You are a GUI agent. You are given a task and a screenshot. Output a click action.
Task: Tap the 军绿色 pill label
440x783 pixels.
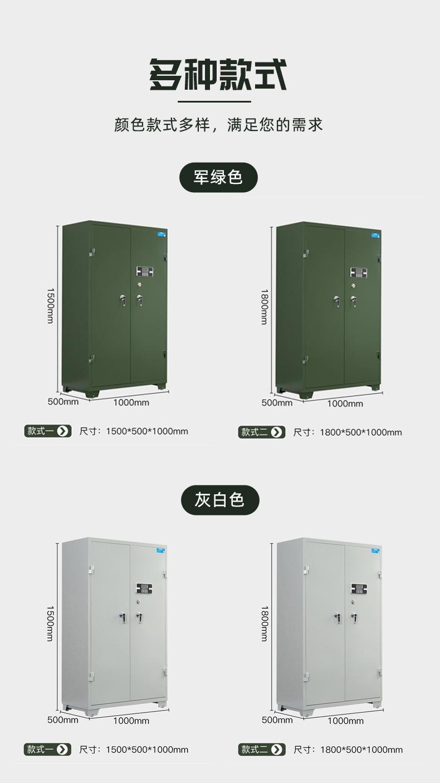pos(218,177)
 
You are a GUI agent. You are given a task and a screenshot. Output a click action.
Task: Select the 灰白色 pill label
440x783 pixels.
pos(220,499)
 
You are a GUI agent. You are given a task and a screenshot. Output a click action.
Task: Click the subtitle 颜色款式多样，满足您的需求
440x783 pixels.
pos(218,124)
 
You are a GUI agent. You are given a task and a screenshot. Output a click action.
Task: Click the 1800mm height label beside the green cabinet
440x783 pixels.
pos(264,307)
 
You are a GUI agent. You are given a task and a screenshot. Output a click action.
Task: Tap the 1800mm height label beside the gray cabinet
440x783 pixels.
pos(264,624)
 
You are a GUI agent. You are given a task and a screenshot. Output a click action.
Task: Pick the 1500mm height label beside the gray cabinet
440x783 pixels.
pos(50,624)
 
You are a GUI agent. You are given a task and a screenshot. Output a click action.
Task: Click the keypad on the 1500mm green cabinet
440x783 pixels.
pos(144,272)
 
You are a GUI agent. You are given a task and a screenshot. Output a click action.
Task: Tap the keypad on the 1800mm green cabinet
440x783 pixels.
pos(358,273)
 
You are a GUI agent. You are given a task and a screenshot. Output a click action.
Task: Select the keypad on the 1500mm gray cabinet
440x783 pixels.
pos(144,589)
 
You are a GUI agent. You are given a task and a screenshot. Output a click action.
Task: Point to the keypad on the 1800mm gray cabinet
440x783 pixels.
pos(358,589)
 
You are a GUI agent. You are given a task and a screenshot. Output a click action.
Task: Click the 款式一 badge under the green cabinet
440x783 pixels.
pos(48,431)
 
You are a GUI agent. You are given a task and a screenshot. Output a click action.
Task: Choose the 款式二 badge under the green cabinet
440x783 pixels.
pos(262,432)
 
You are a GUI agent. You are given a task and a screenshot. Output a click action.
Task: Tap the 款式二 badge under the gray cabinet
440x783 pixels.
pos(262,750)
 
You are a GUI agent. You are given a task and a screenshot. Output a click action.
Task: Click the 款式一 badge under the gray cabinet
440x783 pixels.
pos(48,750)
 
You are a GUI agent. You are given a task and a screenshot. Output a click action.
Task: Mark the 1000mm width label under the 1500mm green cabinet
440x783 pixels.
pos(131,402)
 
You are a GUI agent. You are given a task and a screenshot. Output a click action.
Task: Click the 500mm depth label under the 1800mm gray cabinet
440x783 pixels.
pos(277,719)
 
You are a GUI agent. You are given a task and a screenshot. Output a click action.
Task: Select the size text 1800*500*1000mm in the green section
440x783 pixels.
pos(361,432)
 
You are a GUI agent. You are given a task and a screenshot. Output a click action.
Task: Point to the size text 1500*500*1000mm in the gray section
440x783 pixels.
pos(147,750)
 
